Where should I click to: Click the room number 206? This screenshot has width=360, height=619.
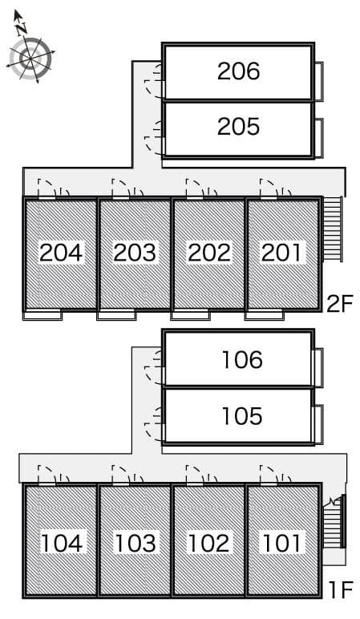(238, 71)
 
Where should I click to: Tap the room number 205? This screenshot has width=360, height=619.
(238, 127)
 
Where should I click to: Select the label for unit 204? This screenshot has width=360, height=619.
(61, 253)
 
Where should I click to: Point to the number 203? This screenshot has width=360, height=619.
(135, 253)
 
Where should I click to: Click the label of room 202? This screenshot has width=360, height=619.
(208, 253)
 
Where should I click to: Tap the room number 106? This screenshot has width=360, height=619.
(242, 360)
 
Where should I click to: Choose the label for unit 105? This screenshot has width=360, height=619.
(242, 416)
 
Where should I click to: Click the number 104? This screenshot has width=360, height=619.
(62, 543)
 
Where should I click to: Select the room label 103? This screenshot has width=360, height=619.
(136, 543)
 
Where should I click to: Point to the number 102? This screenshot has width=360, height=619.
(208, 543)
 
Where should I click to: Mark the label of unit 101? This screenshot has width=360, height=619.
(282, 543)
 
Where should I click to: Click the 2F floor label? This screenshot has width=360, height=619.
(339, 304)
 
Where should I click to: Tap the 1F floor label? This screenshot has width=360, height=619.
(340, 591)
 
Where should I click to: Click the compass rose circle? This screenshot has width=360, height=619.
(30, 59)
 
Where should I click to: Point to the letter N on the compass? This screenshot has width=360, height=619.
(22, 28)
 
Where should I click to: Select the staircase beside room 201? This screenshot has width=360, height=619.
(333, 229)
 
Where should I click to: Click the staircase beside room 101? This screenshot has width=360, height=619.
(334, 521)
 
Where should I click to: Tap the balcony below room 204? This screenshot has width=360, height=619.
(42, 315)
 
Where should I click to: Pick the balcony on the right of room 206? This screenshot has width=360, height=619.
(319, 81)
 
